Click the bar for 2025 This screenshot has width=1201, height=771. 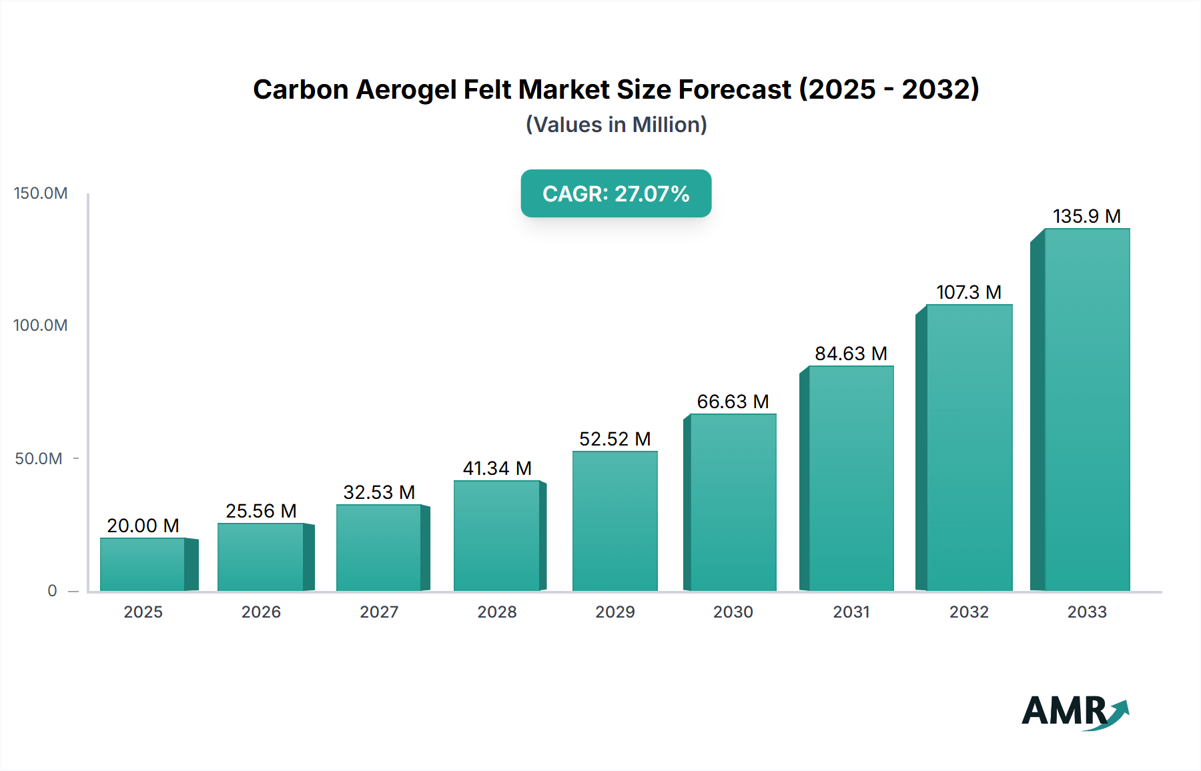[143, 564]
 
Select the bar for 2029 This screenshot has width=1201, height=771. [615, 521]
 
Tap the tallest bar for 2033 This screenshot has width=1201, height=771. [1086, 410]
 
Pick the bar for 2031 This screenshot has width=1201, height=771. [851, 478]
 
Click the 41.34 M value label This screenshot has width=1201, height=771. [497, 468]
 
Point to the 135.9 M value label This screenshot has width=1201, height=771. [1086, 216]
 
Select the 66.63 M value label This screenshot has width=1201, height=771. [733, 402]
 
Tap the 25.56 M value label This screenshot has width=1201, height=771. [261, 511]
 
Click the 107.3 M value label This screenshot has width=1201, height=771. [969, 292]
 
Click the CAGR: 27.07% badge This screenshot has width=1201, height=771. [616, 193]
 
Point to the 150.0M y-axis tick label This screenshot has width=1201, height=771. [41, 193]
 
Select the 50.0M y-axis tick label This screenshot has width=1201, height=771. [39, 459]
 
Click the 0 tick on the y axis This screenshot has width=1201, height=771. [52, 591]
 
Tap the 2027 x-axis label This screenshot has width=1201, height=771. [379, 612]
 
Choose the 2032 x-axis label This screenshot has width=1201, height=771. [969, 612]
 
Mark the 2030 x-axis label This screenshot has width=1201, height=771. [733, 612]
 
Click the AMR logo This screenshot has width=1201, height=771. [1074, 711]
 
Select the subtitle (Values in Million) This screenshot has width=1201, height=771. [616, 125]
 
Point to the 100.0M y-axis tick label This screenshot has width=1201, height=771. [41, 325]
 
